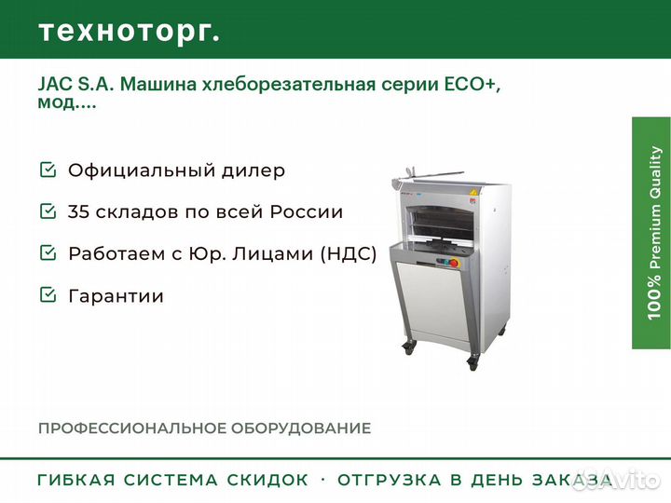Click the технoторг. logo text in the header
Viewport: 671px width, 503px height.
(x=130, y=32)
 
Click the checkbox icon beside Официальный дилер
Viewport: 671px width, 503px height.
(x=48, y=170)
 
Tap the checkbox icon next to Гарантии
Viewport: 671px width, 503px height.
(x=48, y=294)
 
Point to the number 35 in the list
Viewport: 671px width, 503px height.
(x=78, y=211)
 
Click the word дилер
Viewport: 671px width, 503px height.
(x=253, y=170)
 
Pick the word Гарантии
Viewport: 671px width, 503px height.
(x=116, y=296)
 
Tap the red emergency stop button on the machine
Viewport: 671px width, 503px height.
(x=454, y=263)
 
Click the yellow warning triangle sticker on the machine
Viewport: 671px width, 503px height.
(x=472, y=192)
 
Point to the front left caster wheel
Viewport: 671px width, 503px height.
(x=408, y=347)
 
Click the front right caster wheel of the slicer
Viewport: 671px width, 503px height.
(x=472, y=363)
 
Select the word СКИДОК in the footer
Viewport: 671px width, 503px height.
(x=267, y=480)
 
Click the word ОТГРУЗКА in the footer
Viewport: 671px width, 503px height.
(x=389, y=480)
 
